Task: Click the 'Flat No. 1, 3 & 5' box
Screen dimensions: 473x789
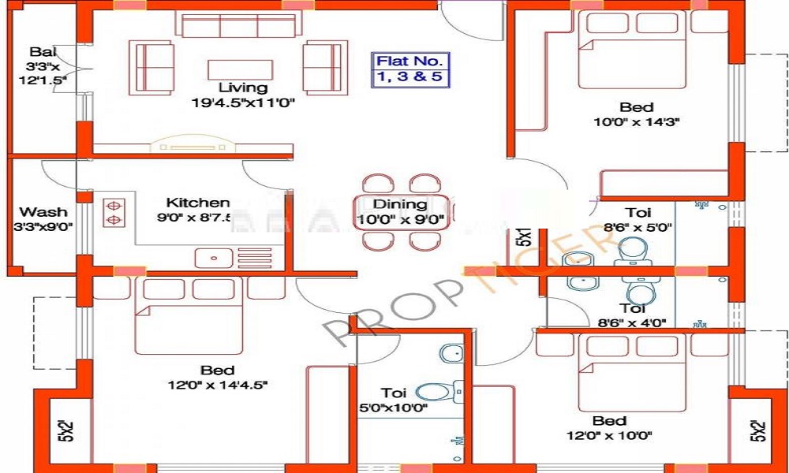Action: pos(411,69)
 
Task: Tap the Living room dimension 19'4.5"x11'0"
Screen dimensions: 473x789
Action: pos(243,102)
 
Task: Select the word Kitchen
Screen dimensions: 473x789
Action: pos(198,203)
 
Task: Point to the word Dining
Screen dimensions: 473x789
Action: pos(400,204)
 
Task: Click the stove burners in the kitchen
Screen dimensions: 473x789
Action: pos(113,209)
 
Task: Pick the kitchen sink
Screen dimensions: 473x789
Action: pos(213,256)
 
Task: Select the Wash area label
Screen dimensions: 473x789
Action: pos(43,211)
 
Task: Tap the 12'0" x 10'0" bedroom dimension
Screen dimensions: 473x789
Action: pos(610,435)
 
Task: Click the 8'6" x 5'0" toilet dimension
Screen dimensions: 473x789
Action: pos(638,228)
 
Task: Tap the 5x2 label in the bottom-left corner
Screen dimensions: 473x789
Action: pos(65,431)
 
